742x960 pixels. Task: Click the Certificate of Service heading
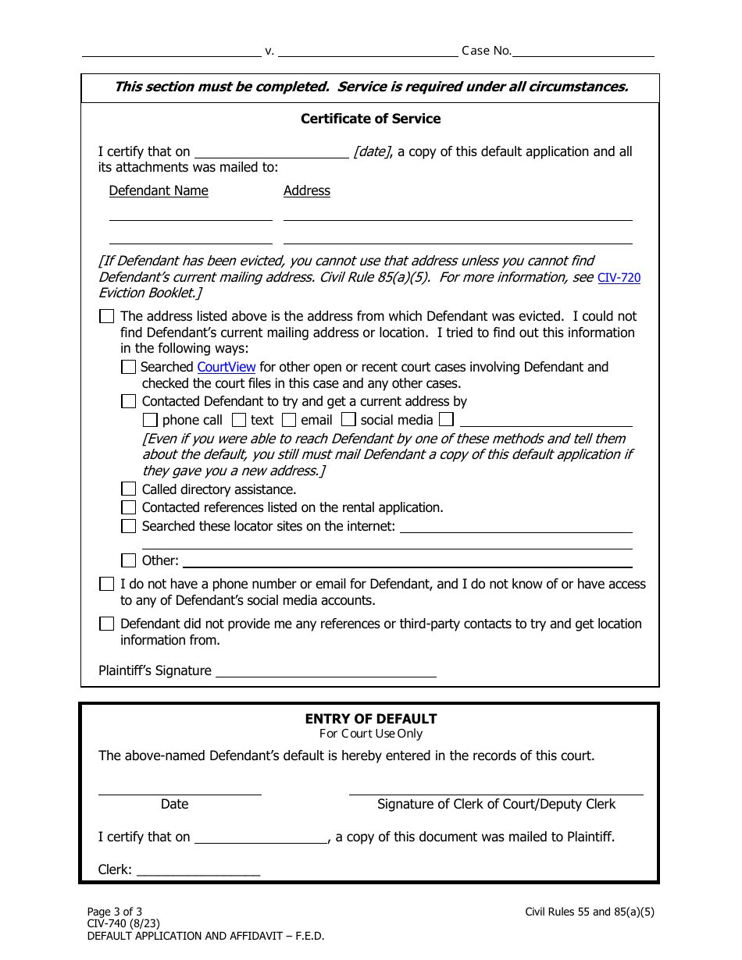370,119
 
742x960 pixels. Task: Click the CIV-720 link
619,277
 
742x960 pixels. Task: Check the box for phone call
150,420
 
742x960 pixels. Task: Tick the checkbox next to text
238,420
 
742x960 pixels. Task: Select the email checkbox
289,420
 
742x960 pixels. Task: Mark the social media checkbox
348,420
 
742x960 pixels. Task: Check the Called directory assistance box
129,489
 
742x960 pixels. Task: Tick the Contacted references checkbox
129,507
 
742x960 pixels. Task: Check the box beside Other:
129,560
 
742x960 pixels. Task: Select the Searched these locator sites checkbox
129,526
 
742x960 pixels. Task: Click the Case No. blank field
583,51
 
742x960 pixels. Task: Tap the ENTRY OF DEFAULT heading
370,719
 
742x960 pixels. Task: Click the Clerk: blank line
198,869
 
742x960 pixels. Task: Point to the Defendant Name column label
159,190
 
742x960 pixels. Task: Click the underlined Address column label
306,190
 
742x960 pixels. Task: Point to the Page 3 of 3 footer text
115,912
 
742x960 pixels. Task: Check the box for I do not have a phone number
106,584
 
